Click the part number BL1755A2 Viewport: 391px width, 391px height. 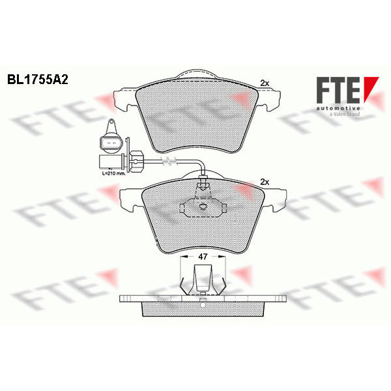[x=38, y=80]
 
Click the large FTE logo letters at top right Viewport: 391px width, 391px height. [x=338, y=90]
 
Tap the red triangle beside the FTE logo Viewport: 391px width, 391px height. [x=370, y=89]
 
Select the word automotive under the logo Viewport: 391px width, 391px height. [x=338, y=108]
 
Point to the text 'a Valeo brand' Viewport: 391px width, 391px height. [x=345, y=114]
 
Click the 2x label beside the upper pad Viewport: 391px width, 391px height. [x=265, y=83]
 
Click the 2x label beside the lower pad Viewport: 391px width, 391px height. [x=265, y=182]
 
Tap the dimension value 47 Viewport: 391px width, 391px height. [x=203, y=257]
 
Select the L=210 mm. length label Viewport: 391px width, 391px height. [x=113, y=173]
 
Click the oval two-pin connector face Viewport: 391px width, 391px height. [x=110, y=143]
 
